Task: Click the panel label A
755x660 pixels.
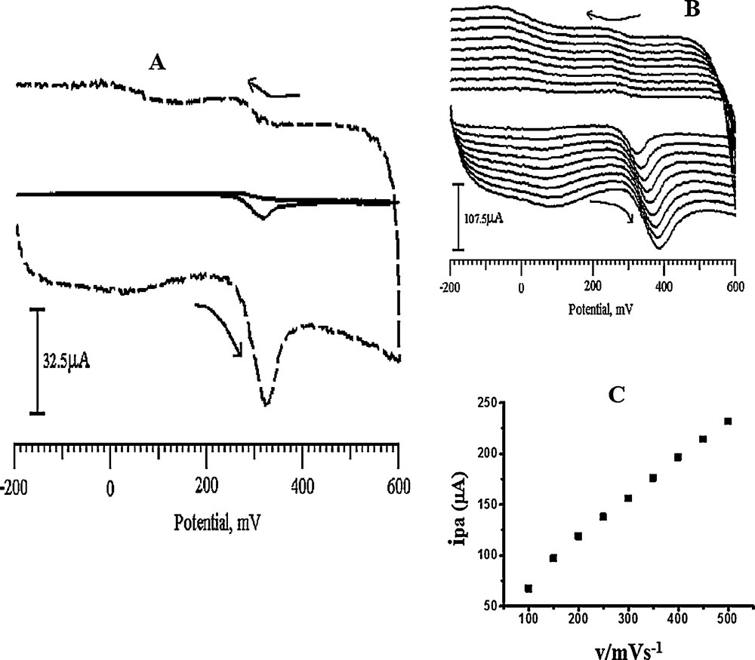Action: click(157, 63)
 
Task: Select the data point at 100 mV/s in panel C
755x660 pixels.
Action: click(528, 588)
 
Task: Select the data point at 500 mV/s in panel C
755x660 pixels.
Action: click(728, 421)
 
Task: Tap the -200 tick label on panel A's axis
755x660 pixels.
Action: click(14, 487)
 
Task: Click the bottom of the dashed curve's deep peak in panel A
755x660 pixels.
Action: click(265, 404)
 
